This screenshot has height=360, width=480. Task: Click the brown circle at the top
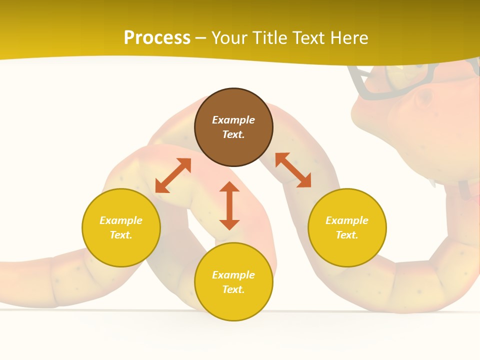pos(233,127)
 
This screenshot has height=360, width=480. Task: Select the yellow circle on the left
pos(121,227)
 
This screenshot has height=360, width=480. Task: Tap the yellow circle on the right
pos(347,227)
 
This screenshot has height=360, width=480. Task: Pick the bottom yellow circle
pos(233,282)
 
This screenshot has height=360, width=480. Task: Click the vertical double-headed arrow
pos(229,206)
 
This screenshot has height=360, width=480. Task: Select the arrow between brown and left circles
pos(173,175)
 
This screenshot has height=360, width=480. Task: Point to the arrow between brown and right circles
pos(293,170)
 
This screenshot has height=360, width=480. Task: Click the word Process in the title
pos(157,38)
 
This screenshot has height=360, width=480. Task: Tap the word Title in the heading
pos(270,38)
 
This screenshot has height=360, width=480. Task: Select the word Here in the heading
pos(348,38)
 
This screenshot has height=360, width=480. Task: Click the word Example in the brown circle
pos(233,120)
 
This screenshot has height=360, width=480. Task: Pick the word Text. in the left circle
pos(121,235)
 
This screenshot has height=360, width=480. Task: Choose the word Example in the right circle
pos(347,220)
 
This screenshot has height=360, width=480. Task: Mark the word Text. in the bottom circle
pos(233,289)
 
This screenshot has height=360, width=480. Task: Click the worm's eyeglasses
pos(385,85)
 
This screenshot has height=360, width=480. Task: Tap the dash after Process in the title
pos(201,38)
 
